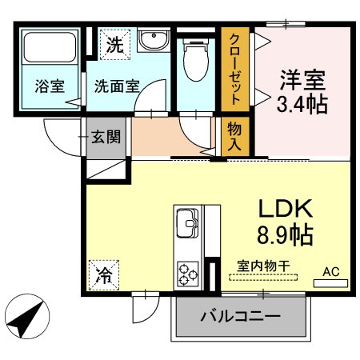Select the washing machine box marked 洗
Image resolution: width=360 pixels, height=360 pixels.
pos(113,45)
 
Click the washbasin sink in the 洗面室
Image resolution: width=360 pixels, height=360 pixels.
pos(149,41)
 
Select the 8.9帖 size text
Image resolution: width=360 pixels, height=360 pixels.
pos(285,235)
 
